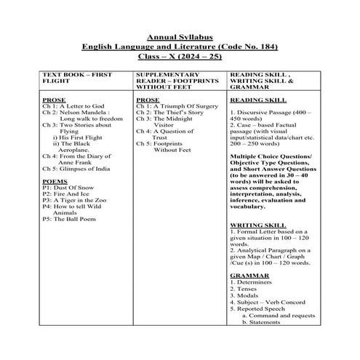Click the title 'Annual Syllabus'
point(180,37)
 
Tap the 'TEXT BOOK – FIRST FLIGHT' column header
point(76,79)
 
